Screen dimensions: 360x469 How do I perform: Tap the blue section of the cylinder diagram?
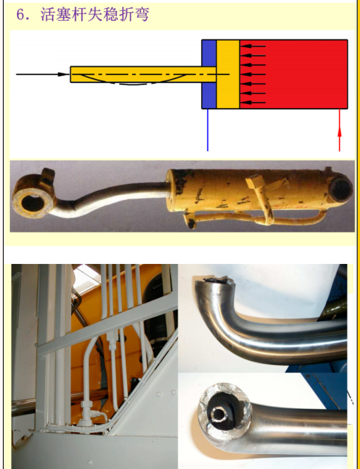pos(209,74)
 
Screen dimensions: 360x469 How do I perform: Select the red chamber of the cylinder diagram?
pos(293,74)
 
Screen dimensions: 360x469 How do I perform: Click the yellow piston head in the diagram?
pos(228,74)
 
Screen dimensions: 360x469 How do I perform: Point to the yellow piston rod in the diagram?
pos(143,74)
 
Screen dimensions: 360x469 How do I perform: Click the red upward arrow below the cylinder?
pos(339,131)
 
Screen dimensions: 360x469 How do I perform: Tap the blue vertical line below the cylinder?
pos(208,130)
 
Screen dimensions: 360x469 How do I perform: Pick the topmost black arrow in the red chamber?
pos(253,46)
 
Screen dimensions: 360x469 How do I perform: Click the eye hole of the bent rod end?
pos(32,203)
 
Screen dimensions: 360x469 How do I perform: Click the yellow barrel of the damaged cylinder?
pos(248,190)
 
